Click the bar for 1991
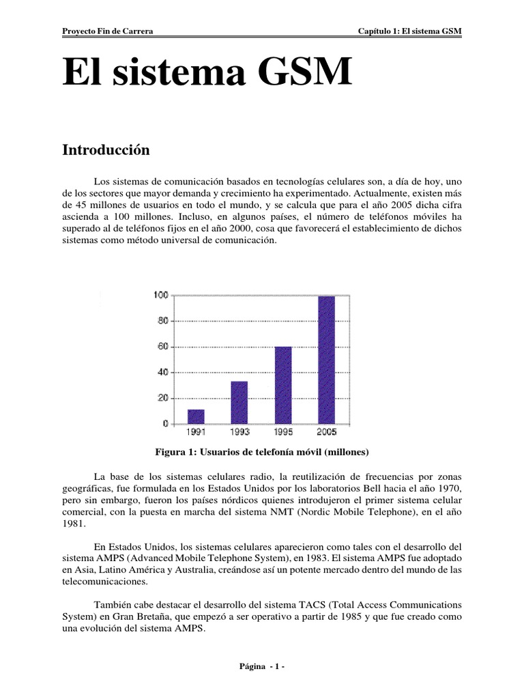(x=196, y=416)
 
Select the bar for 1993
(x=239, y=402)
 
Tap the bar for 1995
(x=282, y=385)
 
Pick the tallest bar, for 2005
(x=326, y=359)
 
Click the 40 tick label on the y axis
(x=161, y=372)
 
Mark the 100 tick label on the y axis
(x=160, y=295)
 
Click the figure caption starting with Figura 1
(x=262, y=452)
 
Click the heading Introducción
(x=106, y=150)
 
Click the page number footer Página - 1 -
(x=262, y=667)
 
